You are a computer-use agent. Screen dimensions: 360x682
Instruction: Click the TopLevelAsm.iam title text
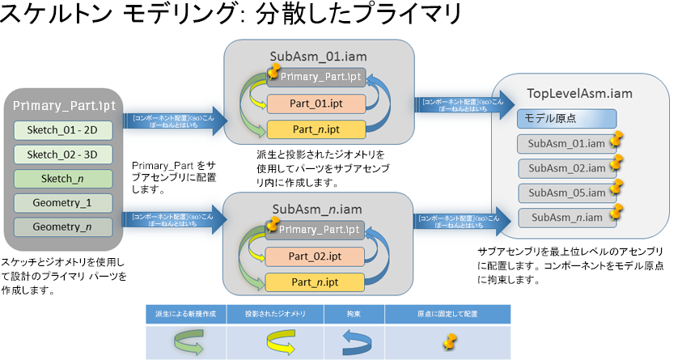pos(579,94)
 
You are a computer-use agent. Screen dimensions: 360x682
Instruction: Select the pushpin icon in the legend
pos(447,340)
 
